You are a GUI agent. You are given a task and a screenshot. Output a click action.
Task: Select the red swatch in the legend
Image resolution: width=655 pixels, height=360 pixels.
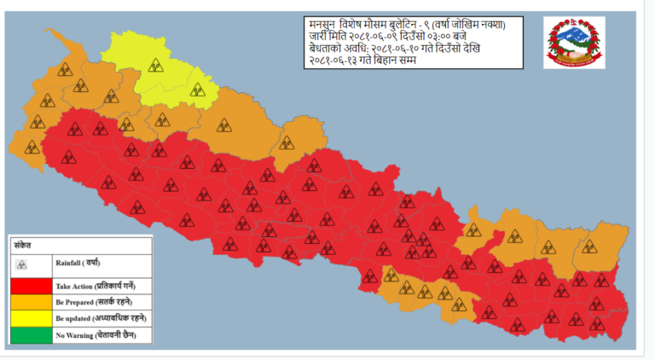click(31, 286)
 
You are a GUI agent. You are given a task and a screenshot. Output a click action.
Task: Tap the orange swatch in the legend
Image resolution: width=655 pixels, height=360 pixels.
click(31, 302)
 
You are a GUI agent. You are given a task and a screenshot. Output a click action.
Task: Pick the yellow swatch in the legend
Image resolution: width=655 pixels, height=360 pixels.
click(31, 318)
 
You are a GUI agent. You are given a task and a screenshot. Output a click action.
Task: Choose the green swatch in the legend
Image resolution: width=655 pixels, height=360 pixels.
click(31, 334)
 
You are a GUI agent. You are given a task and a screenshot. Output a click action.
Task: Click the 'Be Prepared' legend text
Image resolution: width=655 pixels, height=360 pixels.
click(94, 302)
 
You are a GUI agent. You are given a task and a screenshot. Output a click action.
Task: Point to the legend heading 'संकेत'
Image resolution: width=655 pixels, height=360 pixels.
click(23, 243)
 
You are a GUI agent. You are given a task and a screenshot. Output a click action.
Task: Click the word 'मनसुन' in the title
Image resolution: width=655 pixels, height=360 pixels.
click(324, 24)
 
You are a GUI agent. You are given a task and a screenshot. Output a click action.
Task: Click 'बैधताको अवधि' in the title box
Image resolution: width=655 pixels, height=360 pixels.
click(338, 52)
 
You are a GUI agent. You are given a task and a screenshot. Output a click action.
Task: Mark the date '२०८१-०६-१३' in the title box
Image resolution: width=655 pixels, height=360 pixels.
click(338, 66)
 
